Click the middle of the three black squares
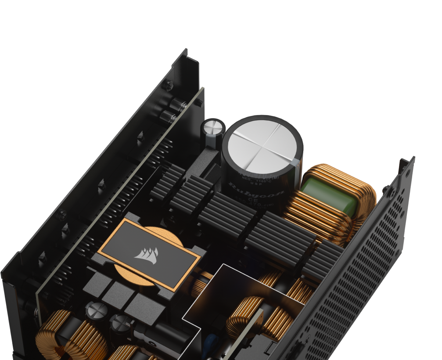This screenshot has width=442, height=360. pos(119,292)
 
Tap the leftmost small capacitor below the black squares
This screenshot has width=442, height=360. pos(94,309)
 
